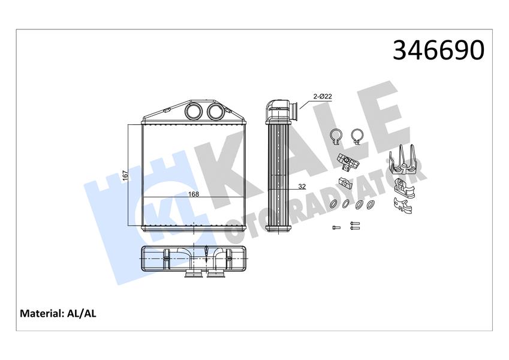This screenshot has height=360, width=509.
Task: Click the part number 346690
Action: click(438, 50)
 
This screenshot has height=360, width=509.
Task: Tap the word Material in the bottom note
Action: click(41, 314)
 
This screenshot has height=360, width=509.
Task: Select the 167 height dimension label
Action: click(126, 175)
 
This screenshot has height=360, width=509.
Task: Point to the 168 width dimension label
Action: click(194, 194)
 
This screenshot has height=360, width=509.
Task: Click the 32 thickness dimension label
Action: click(302, 187)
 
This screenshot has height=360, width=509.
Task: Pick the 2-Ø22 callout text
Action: click(322, 97)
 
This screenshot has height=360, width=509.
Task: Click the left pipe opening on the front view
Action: click(194, 112)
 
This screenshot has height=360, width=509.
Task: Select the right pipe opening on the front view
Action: click(215, 112)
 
